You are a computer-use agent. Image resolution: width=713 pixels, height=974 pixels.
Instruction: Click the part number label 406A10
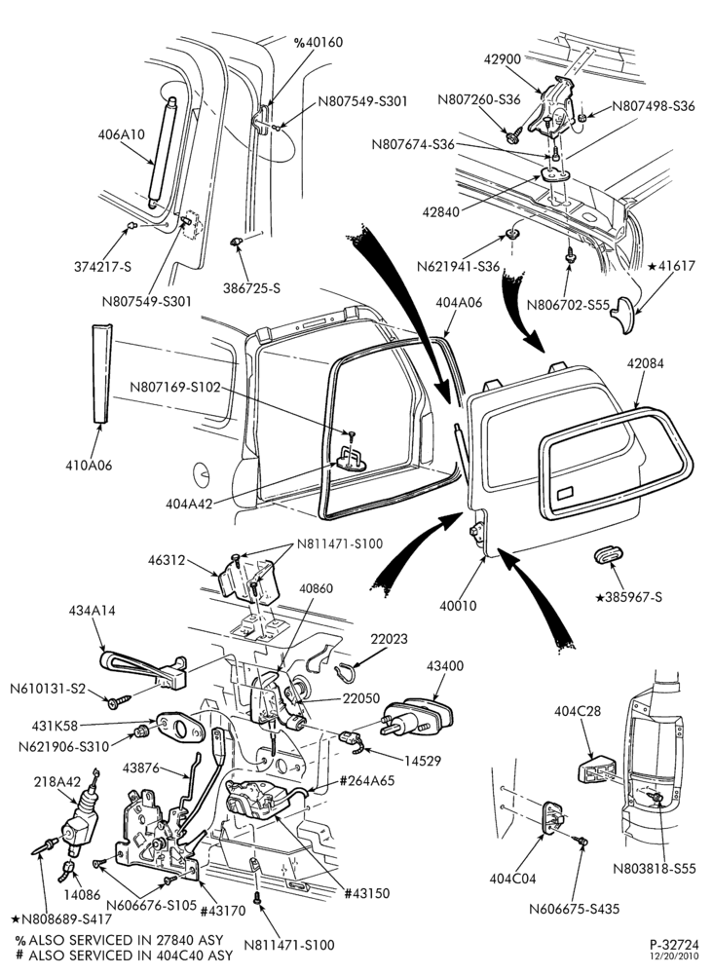[121, 134]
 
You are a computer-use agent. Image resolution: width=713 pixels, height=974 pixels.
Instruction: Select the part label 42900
[503, 59]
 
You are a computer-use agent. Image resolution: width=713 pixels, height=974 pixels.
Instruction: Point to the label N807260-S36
[479, 100]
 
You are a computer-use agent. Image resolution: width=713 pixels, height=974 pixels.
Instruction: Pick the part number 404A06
[459, 303]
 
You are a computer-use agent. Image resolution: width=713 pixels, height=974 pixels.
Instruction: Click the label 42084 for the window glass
[645, 363]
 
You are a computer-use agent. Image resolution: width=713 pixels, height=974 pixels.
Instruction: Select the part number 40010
[459, 605]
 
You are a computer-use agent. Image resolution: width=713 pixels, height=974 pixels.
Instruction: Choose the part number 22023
[389, 639]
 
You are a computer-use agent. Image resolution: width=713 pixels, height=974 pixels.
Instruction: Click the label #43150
[367, 893]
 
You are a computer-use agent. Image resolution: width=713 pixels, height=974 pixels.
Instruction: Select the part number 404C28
[578, 711]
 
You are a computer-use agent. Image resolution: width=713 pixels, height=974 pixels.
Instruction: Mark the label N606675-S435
[575, 908]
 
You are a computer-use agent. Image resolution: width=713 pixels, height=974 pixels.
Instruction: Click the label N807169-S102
[175, 387]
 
